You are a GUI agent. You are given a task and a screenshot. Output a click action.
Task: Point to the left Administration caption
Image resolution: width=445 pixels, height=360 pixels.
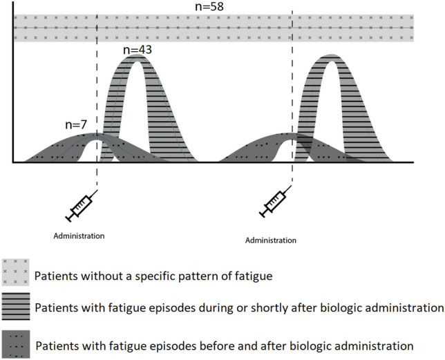pyautogui.click(x=79, y=236)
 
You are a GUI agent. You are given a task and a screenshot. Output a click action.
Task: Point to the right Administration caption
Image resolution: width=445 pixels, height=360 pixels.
pyautogui.click(x=271, y=240)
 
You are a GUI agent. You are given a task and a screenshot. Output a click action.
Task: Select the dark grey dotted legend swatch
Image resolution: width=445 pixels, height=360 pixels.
pyautogui.click(x=15, y=342)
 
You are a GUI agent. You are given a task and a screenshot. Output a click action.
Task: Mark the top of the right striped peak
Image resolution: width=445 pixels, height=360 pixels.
pyautogui.click(x=332, y=57)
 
